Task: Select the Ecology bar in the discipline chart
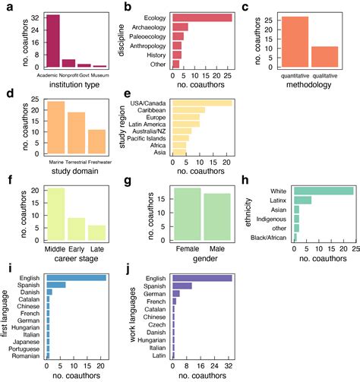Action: point(204,16)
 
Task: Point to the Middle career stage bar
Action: point(55,216)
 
